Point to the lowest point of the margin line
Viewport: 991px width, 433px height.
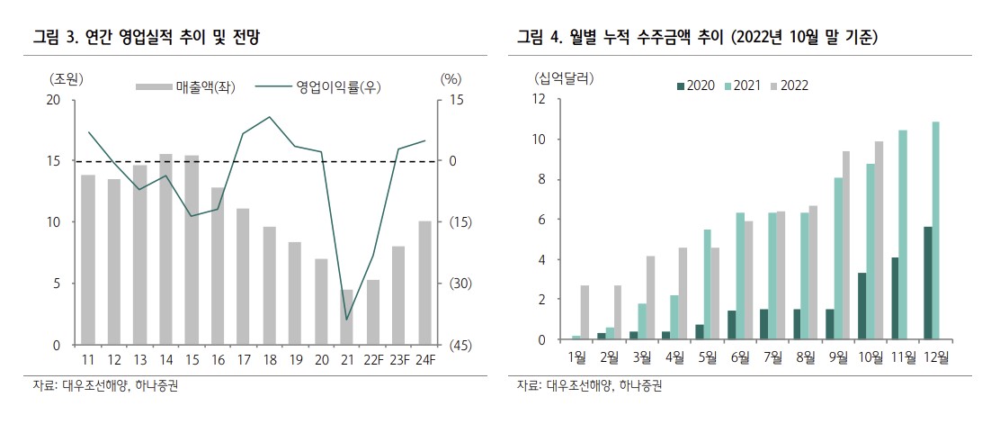click(x=347, y=320)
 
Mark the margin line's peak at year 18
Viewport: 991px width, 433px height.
click(x=269, y=117)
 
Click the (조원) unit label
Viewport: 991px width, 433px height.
click(x=66, y=78)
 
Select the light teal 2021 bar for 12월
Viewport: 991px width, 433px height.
click(x=936, y=230)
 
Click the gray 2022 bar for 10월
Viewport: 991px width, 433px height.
click(x=879, y=240)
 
